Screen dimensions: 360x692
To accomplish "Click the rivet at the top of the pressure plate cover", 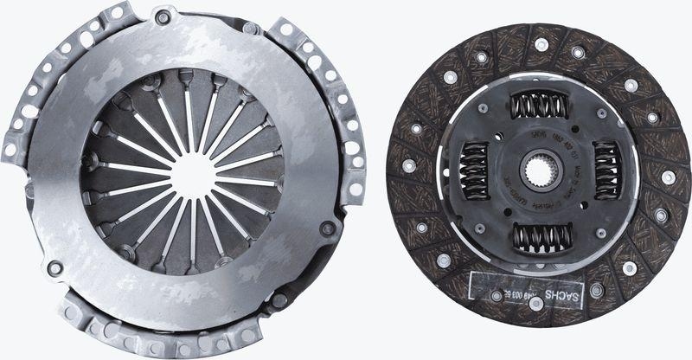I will (161, 16).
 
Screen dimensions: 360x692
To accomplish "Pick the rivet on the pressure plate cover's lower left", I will (55, 268).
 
